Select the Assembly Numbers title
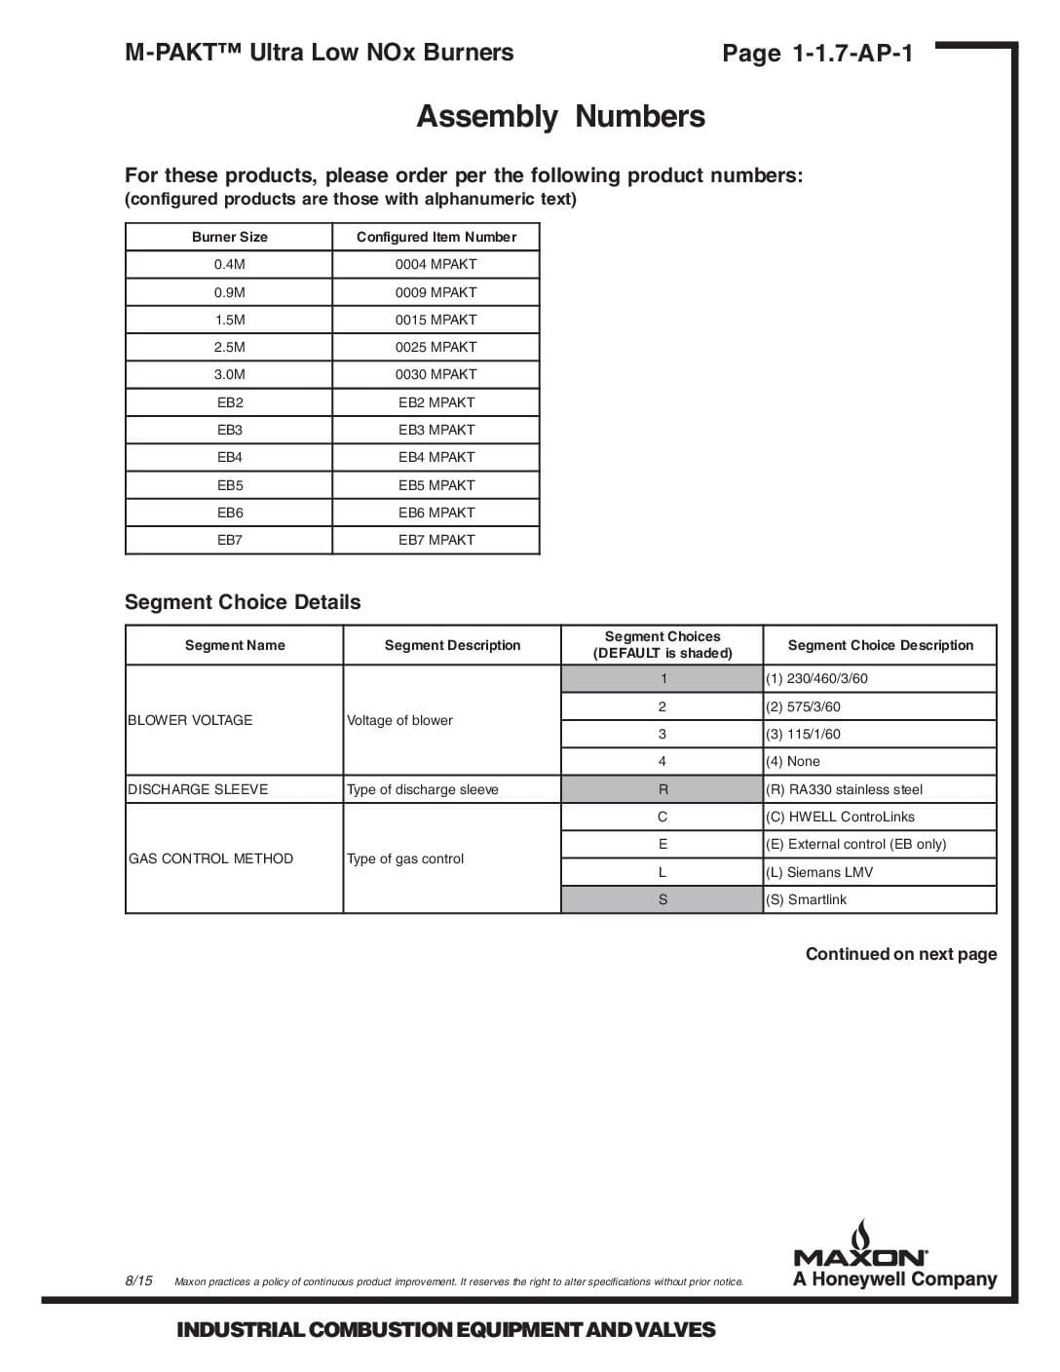560,117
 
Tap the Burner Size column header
229,237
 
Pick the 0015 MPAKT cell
435,320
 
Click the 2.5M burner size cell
229,347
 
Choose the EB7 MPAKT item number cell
435,540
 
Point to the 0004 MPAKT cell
435,264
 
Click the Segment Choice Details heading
243,602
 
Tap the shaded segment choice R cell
662,789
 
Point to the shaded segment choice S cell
662,899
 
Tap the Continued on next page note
900,954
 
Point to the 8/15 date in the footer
138,1280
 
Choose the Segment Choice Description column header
880,645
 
